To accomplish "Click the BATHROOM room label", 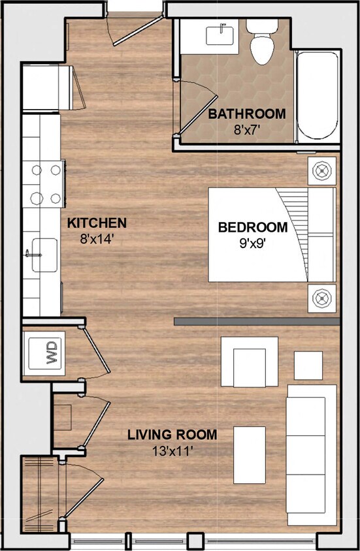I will point(246,114).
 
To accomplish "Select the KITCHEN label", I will point(97,223).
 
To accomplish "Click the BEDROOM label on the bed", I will point(252,228).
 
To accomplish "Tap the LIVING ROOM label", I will point(172,435).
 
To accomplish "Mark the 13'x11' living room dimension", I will point(172,450).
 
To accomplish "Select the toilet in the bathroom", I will point(262,42).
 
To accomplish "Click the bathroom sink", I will point(220,35).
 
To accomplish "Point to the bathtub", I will point(317,95).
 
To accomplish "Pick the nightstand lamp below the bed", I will point(321,298).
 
